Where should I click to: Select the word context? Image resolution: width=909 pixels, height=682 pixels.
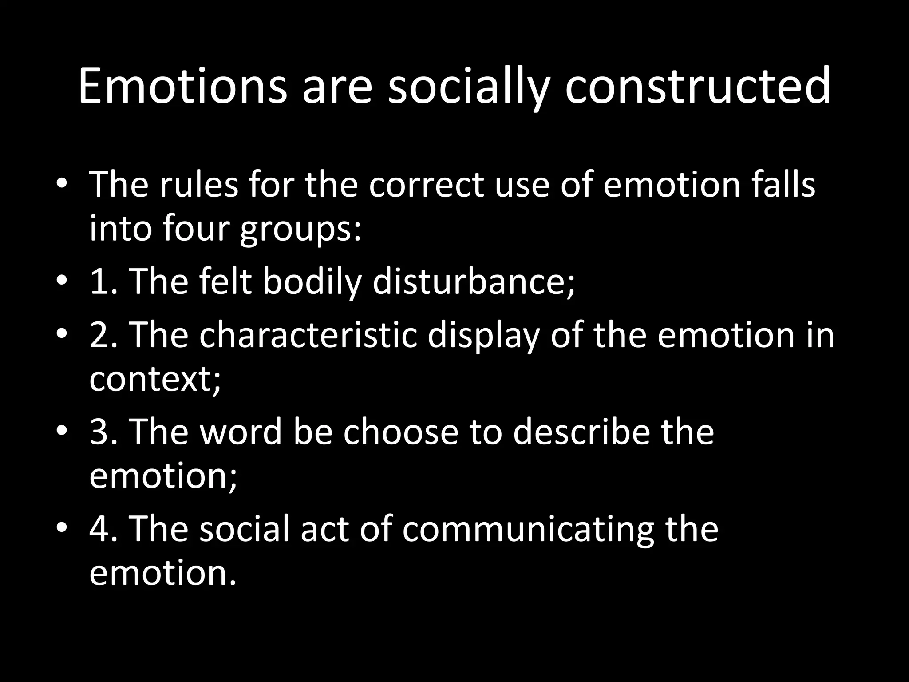[155, 380]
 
